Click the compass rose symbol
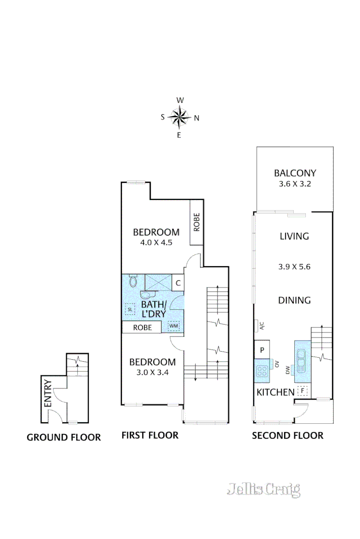click(179, 118)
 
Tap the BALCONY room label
click(294, 173)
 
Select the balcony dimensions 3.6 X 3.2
click(294, 184)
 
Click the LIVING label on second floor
click(294, 236)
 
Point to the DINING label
click(294, 300)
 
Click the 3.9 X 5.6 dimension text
click(294, 266)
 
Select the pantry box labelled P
click(262, 350)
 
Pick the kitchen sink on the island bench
click(302, 360)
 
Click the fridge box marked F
click(302, 390)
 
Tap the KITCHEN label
click(276, 392)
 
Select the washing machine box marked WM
click(174, 326)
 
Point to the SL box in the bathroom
click(130, 309)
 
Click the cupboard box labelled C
click(178, 282)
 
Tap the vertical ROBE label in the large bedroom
click(196, 222)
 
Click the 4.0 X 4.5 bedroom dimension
click(156, 242)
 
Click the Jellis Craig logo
click(264, 489)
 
